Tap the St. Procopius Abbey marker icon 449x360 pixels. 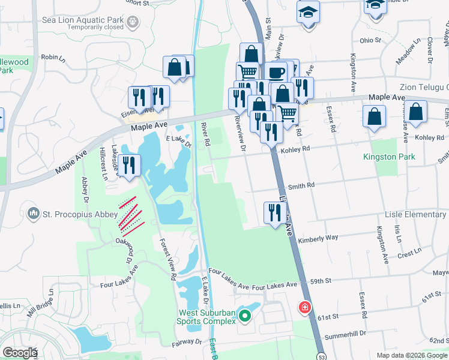click(33, 213)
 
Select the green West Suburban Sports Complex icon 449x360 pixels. click(244, 315)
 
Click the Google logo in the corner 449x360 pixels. click(20, 353)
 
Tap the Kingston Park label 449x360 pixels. click(389, 157)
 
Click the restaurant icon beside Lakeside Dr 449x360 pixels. click(129, 164)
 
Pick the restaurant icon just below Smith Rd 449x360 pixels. click(273, 212)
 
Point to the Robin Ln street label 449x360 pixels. click(53, 58)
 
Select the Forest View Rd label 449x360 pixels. click(167, 260)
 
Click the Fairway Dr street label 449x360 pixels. click(190, 341)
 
